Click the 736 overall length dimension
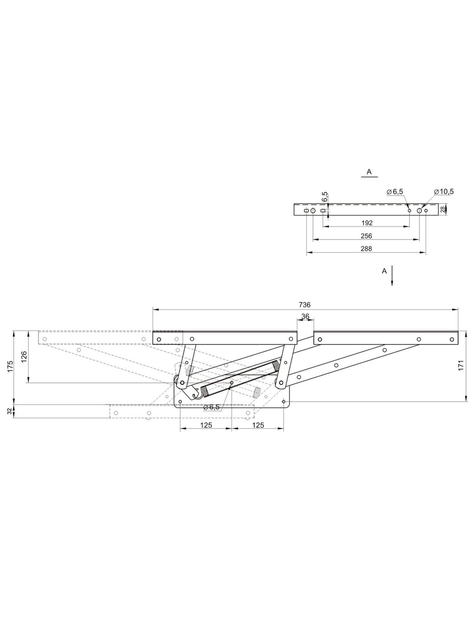click(305, 305)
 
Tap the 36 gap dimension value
click(305, 316)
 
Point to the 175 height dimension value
click(10, 366)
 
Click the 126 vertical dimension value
click(24, 357)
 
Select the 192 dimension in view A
click(367, 223)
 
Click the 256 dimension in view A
click(367, 236)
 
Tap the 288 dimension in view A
click(367, 249)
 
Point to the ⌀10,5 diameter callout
click(444, 192)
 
